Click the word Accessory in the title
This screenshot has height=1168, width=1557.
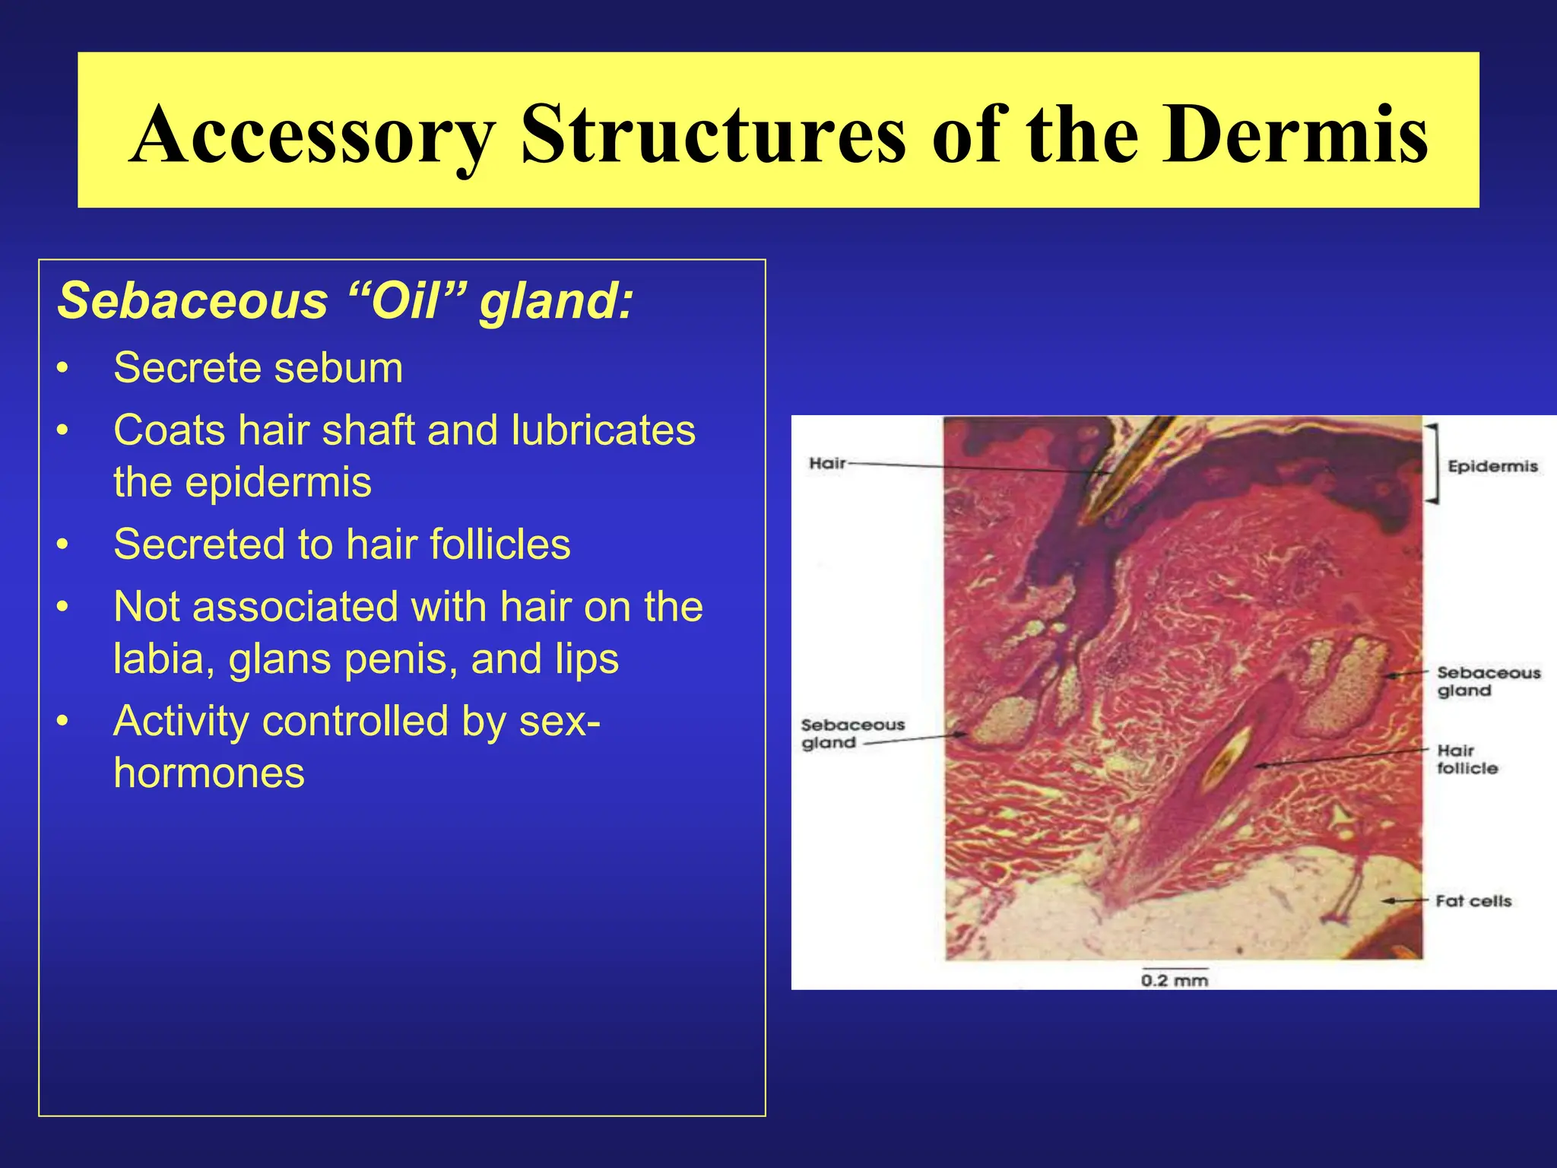coord(312,135)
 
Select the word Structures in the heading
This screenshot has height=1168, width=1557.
coord(713,135)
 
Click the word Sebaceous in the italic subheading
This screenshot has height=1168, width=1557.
coord(192,300)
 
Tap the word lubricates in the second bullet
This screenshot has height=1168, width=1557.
coord(603,430)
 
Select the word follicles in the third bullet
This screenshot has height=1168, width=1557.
coord(499,544)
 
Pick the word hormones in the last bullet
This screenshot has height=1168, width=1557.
coord(209,773)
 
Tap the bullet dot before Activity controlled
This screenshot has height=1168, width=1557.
coord(63,722)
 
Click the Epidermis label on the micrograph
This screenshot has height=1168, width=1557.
coord(1492,466)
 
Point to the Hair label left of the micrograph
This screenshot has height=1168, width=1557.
coord(827,463)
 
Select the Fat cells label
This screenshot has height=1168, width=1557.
coord(1473,901)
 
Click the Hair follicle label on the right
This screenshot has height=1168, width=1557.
coord(1467,760)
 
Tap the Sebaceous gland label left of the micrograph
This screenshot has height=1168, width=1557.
coord(851,734)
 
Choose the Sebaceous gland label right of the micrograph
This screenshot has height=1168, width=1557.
coord(1488,681)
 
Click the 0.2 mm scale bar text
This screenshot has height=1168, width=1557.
coord(1174,981)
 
